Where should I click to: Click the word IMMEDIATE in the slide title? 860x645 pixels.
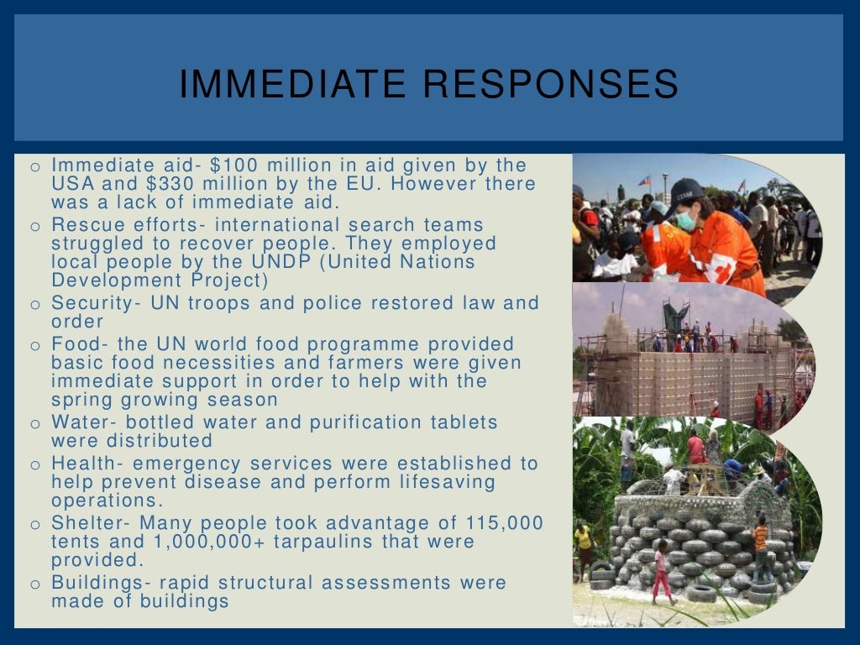(x=293, y=85)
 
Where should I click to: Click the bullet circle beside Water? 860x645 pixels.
(x=35, y=424)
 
